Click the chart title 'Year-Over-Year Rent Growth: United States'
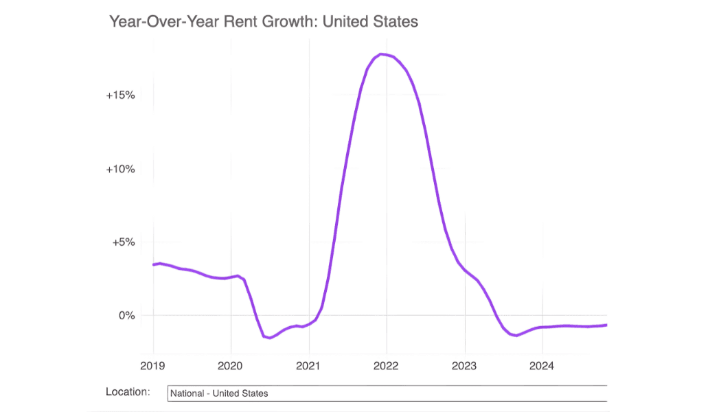point(264,21)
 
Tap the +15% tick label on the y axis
point(120,95)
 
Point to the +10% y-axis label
point(120,169)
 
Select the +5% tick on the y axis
point(123,242)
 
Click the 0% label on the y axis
point(127,316)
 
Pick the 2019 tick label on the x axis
point(153,365)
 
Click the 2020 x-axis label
point(231,365)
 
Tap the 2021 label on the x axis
point(309,365)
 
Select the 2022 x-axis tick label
point(387,365)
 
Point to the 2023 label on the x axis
point(465,365)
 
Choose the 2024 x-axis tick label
point(542,365)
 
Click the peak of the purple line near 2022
point(382,54)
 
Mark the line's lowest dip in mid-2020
point(270,337)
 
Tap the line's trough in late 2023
point(516,335)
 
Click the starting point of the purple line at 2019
point(154,264)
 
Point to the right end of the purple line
point(606,325)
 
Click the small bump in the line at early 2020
point(238,276)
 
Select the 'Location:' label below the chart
point(128,392)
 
